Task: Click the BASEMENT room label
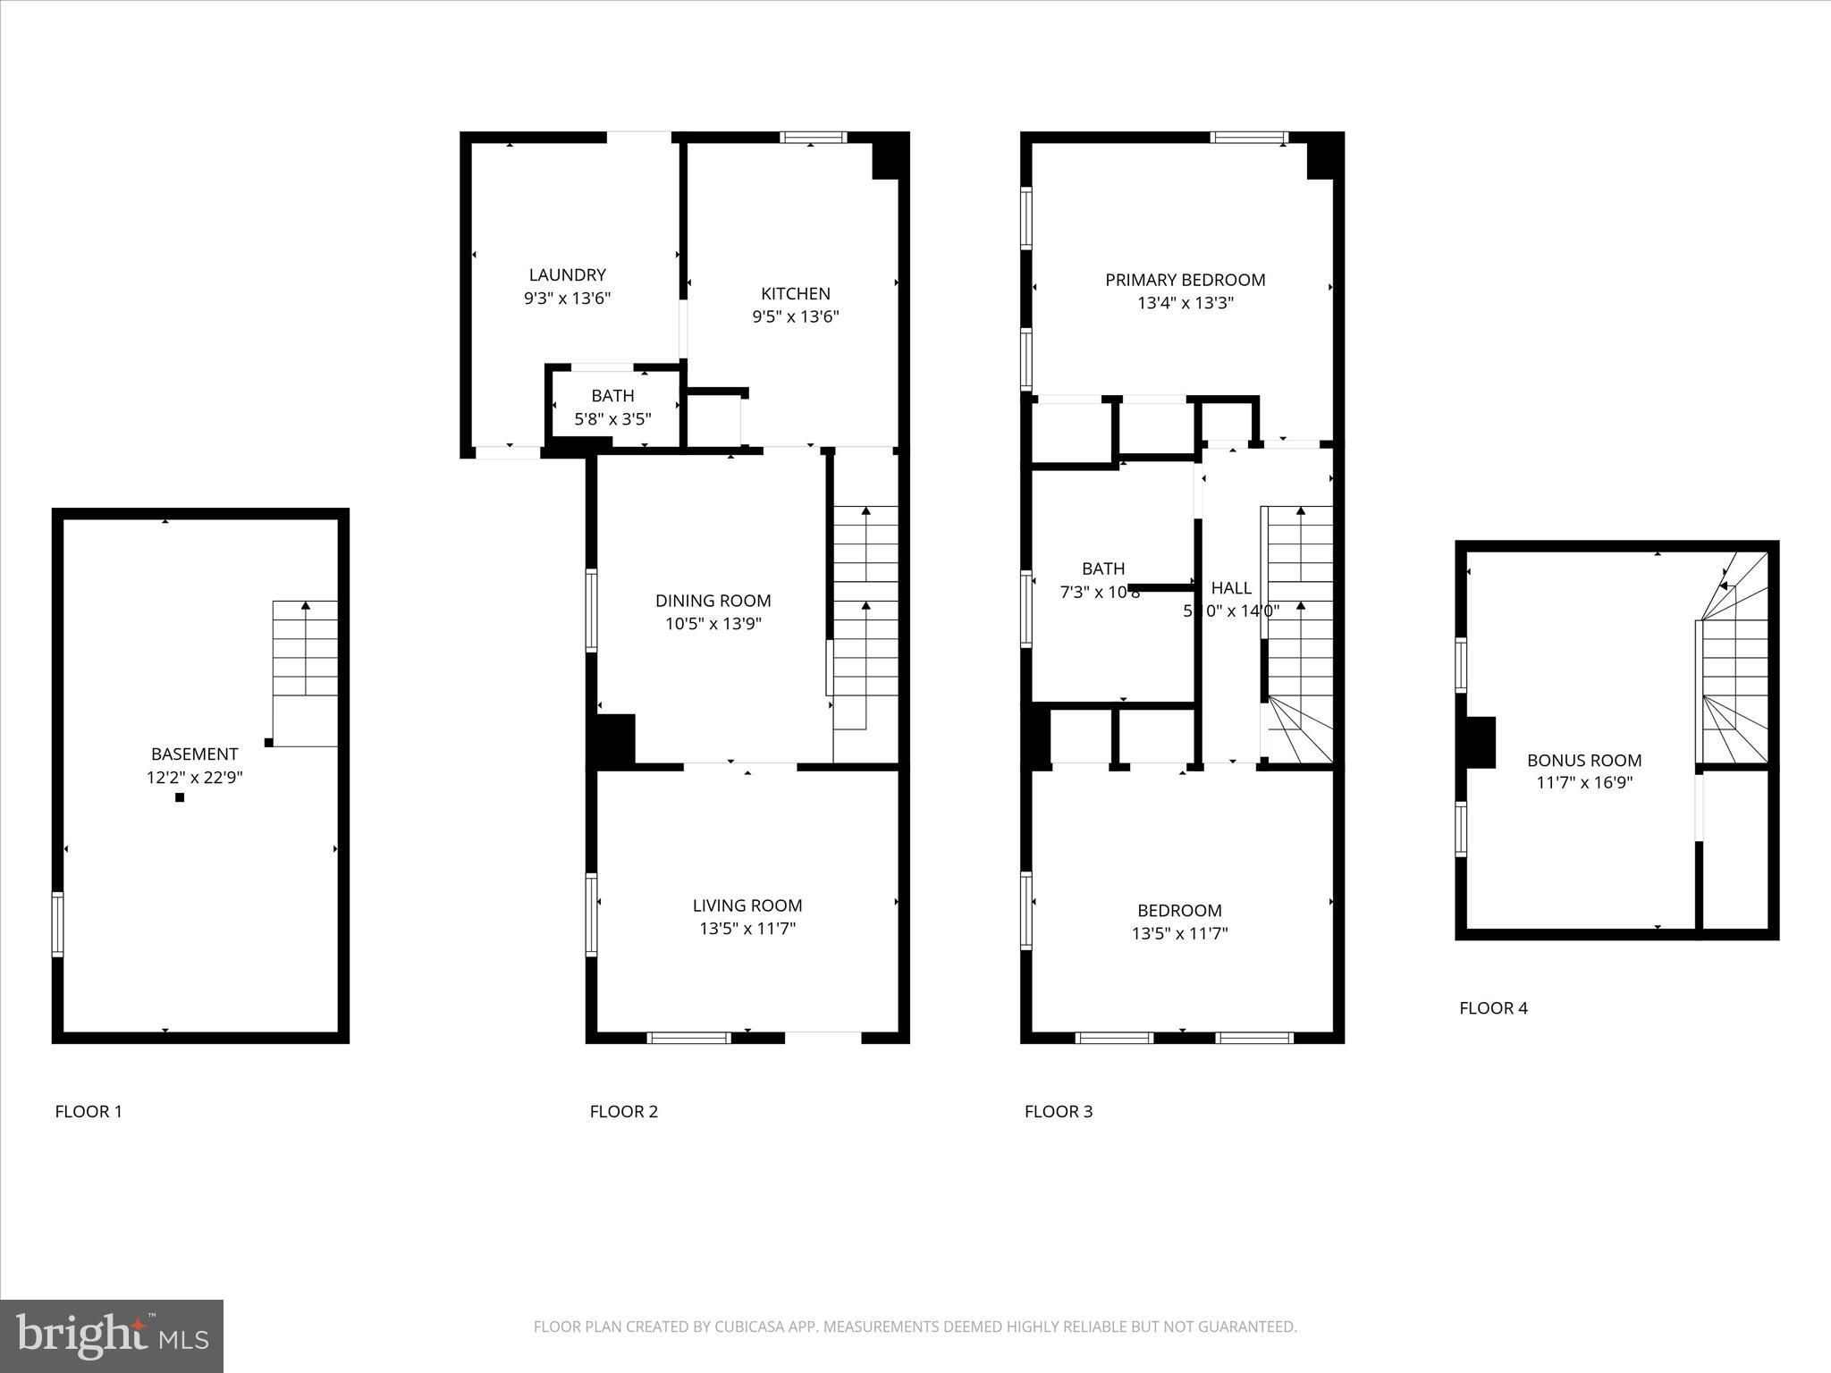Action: pos(194,754)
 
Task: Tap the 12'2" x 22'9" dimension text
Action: pos(194,778)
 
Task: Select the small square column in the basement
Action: pos(180,797)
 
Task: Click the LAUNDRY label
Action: pos(567,275)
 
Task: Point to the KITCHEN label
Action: pos(795,294)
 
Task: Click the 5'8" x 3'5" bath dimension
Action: pos(612,418)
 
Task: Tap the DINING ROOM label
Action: pos(713,601)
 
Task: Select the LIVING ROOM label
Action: pos(747,906)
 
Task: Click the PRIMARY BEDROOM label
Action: pos(1185,280)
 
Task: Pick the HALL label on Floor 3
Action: pos(1231,588)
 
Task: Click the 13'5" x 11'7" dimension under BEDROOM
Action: pos(1179,934)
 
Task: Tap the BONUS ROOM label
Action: pos(1583,761)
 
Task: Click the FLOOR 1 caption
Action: pos(89,1111)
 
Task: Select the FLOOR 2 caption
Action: pos(623,1111)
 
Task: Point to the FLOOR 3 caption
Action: pos(1058,1111)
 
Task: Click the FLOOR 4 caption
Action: pos(1493,1008)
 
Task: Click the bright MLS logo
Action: pos(112,1335)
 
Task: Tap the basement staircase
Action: pos(305,661)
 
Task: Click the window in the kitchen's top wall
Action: pos(813,138)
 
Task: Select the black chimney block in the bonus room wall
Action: pos(1480,742)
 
